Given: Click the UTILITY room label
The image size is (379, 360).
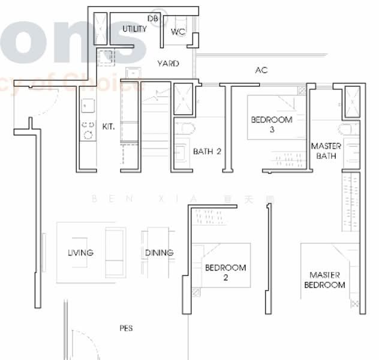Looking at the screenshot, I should [134, 29].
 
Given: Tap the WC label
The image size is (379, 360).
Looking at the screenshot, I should [178, 32].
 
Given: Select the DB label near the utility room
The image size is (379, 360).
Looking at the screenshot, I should [153, 19].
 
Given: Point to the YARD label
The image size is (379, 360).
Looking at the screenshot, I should [168, 63].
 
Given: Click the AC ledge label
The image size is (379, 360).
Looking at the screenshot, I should [261, 70].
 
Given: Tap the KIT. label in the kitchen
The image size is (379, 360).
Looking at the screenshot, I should [109, 127].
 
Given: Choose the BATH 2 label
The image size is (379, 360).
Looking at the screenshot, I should [207, 151].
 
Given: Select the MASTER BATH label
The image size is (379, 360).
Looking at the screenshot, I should [326, 151].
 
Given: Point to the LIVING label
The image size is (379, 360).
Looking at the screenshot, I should [80, 253].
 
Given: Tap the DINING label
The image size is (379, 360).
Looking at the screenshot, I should [159, 253].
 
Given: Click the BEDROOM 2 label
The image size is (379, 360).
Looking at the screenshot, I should [225, 272].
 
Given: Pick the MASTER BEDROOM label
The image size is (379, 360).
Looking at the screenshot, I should [324, 280].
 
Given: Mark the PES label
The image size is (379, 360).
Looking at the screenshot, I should [126, 328].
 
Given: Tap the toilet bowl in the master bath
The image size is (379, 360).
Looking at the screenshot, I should [347, 129].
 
